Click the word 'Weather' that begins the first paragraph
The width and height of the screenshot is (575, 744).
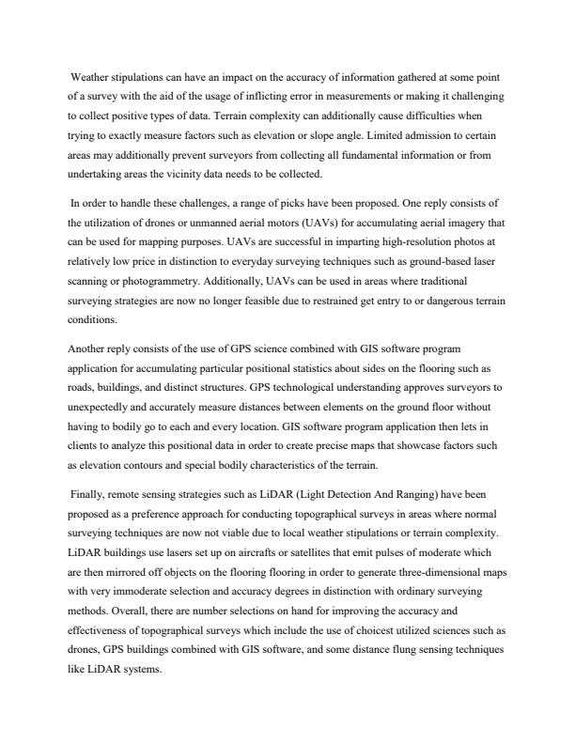coord(91,78)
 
